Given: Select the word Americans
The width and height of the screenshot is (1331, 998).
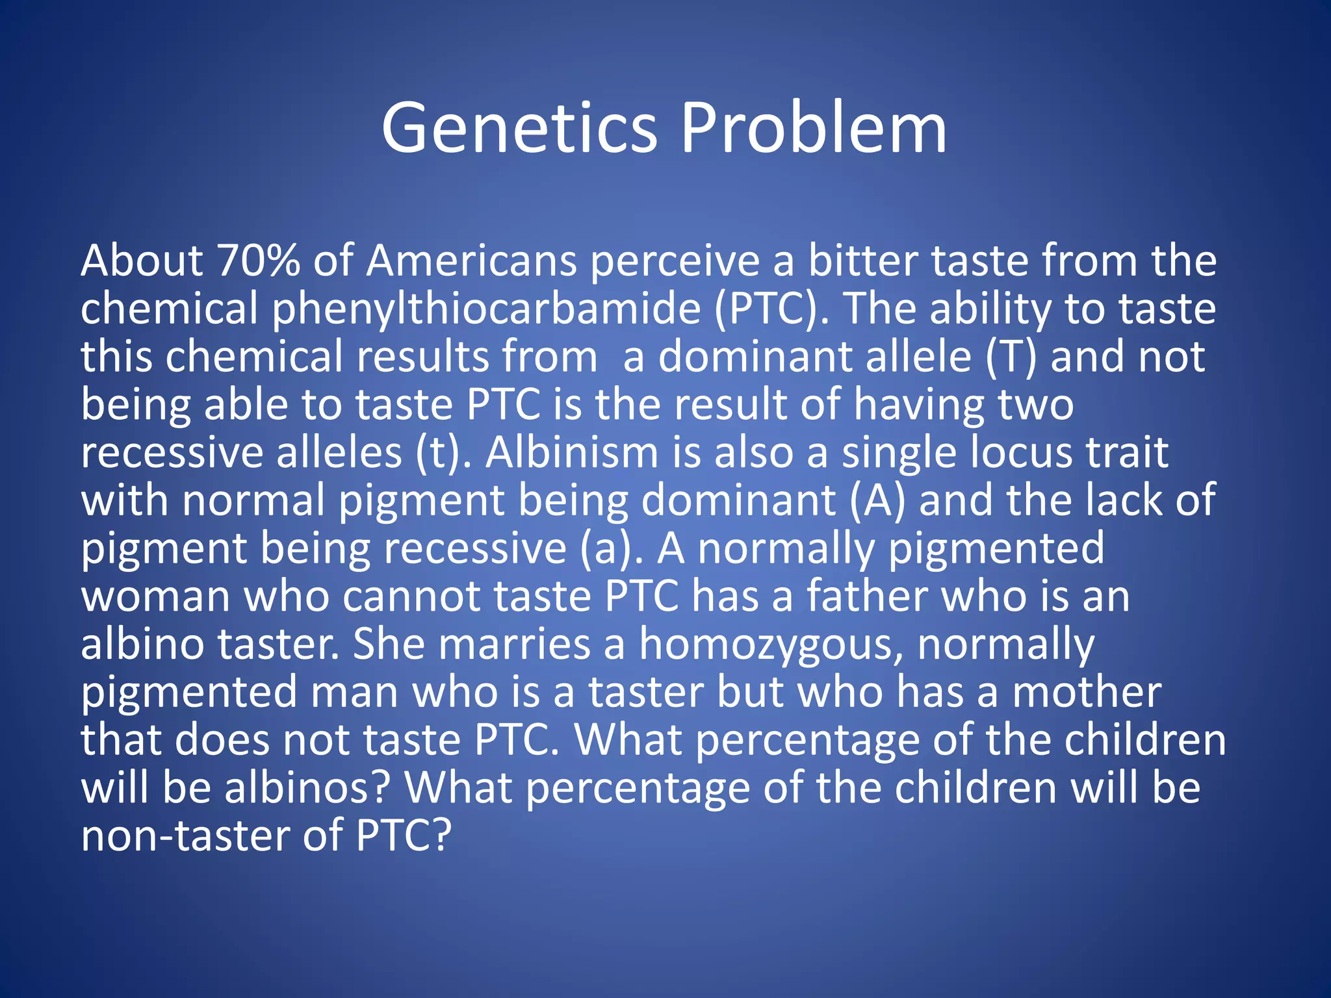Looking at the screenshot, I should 471,261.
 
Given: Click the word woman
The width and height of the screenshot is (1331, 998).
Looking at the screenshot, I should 155,596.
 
